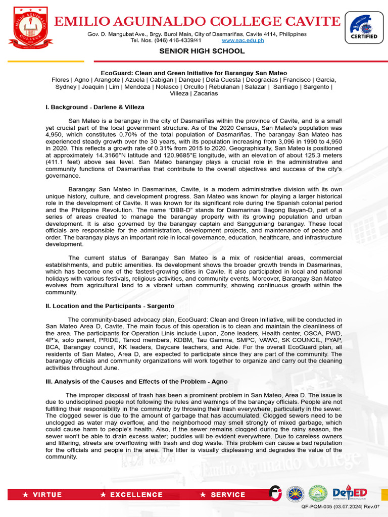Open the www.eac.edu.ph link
point(243,40)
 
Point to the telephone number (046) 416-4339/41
point(166,40)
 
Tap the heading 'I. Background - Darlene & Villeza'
point(95,107)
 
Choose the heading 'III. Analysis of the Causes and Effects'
point(137,382)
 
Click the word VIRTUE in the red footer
point(47,495)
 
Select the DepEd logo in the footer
point(350,493)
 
